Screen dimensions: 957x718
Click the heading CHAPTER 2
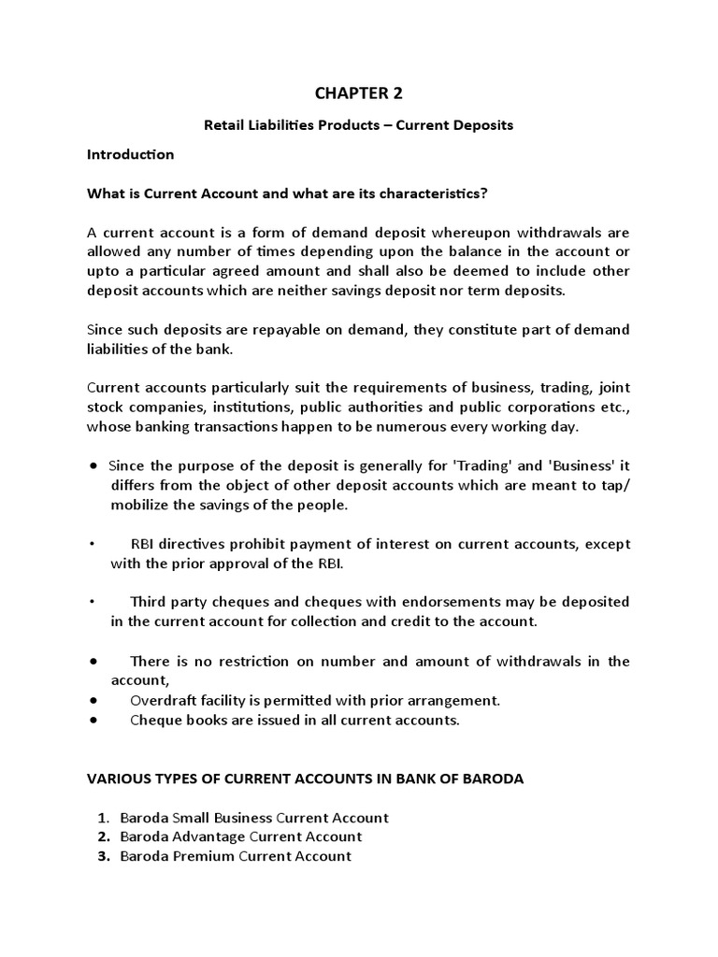click(x=359, y=93)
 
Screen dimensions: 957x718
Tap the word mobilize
click(x=142, y=505)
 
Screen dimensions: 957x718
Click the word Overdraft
click(x=163, y=700)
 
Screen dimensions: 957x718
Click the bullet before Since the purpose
click(x=95, y=465)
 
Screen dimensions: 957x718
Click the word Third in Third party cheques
click(x=150, y=602)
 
